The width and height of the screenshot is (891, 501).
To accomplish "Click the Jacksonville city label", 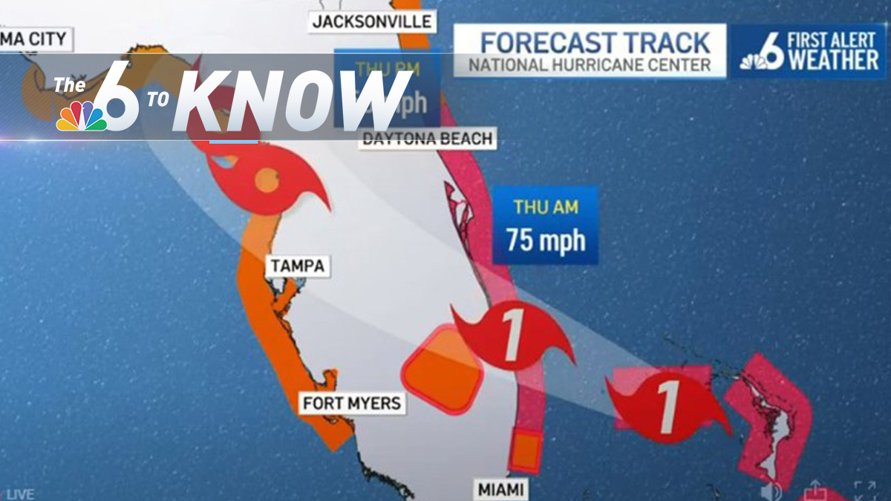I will [x=372, y=21].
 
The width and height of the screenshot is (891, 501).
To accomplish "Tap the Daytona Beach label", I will [x=428, y=139].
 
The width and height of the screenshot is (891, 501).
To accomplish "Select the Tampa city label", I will [x=298, y=266].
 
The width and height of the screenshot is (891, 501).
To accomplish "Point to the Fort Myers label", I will [x=352, y=403].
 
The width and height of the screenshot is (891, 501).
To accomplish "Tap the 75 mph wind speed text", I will [x=546, y=240].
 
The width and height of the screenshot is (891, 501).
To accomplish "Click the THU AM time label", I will [x=546, y=208].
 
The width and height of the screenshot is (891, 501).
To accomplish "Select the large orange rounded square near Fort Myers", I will [x=443, y=369].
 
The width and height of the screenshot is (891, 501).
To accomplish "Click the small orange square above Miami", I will [x=526, y=450].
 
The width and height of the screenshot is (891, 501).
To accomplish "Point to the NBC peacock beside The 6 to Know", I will [x=82, y=117].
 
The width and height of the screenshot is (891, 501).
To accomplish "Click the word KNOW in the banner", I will [x=290, y=100].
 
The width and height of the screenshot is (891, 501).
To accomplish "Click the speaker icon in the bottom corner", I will [x=771, y=490].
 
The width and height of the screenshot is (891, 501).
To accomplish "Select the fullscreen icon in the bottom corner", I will [x=864, y=490].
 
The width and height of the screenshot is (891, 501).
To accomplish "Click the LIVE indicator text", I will [x=20, y=494].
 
